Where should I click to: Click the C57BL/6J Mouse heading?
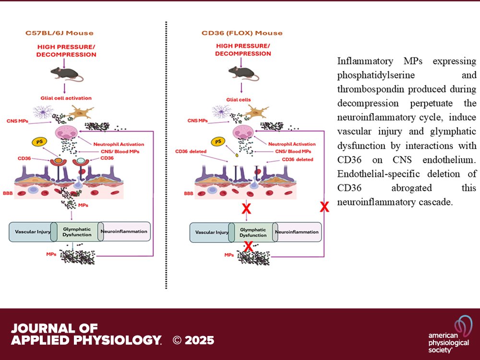click(59, 33)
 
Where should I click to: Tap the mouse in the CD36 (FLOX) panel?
click(241, 72)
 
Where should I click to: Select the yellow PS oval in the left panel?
click(40, 142)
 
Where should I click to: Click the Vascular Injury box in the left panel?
click(31, 231)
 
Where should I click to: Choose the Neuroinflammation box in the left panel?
click(124, 231)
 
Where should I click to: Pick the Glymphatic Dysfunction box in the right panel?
click(253, 232)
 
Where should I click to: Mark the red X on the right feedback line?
click(324, 207)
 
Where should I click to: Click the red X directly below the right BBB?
click(247, 208)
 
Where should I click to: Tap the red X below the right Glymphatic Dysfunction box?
click(249, 247)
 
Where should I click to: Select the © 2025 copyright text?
click(193, 340)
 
